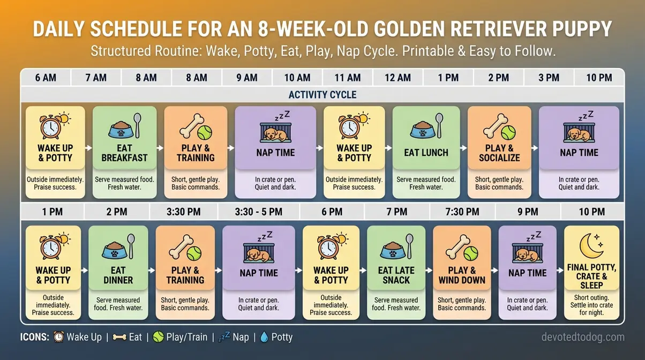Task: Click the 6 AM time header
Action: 46,78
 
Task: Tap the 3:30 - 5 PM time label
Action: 259,212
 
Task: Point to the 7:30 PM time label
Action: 462,212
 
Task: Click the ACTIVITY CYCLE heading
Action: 322,95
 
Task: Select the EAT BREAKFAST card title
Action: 124,153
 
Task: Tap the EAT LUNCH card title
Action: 426,153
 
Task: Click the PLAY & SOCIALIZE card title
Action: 499,153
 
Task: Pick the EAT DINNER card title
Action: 118,275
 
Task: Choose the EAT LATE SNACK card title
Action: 396,275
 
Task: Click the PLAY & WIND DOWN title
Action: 462,275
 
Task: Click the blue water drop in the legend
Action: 264,337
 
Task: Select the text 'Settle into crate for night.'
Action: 591,309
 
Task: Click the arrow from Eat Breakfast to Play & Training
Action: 160,147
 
